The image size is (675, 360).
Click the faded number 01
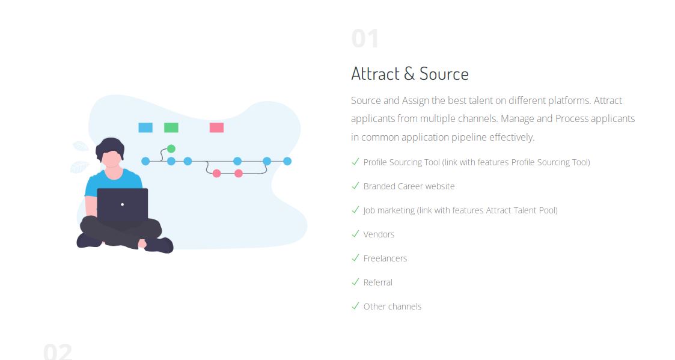tap(365, 38)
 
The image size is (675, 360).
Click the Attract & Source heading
tap(410, 74)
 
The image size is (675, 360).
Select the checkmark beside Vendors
tap(355, 234)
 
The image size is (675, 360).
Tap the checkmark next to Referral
tap(355, 282)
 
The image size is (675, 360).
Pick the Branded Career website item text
tap(409, 186)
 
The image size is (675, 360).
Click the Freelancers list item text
tap(385, 258)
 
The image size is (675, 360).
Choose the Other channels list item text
tap(392, 307)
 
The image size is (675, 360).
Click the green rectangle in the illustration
tap(171, 127)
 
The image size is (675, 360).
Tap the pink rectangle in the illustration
tap(216, 127)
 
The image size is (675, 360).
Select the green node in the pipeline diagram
tap(171, 149)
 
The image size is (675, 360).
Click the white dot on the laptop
tap(122, 204)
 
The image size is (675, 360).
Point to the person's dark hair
tap(110, 147)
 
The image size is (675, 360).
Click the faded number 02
tap(58, 352)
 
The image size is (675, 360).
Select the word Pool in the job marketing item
tap(548, 210)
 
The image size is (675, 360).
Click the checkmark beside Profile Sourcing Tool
tap(355, 162)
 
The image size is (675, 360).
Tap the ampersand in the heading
tap(409, 74)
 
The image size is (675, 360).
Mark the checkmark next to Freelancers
tap(355, 258)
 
